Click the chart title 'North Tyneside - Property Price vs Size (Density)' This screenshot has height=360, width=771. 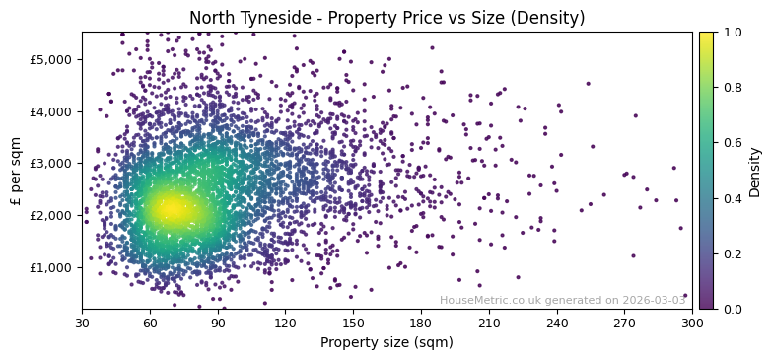(386, 18)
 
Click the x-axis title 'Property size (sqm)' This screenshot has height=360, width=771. (386, 342)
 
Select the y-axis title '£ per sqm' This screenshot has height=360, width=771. (16, 171)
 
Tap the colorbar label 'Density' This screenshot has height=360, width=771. (754, 171)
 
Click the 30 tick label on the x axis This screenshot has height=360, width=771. (82, 323)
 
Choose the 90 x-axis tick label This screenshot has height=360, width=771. (218, 323)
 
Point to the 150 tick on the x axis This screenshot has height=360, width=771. (353, 323)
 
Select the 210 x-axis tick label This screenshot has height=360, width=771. (489, 323)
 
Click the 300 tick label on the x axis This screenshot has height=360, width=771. (692, 323)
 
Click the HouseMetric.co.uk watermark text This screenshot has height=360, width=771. (562, 300)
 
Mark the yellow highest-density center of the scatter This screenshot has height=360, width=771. (170, 208)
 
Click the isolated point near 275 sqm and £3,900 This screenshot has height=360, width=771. (635, 115)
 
